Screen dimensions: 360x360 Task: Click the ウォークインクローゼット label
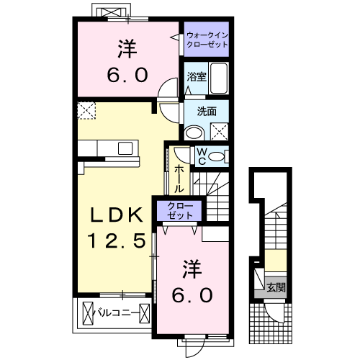207,40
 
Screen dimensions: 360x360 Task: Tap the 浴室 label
197,77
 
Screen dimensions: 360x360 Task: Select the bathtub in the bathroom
218,78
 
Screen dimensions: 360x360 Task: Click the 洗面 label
207,112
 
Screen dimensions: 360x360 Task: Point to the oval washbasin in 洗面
194,132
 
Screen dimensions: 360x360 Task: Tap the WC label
202,156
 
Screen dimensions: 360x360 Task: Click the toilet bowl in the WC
216,156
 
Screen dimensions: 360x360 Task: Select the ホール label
179,179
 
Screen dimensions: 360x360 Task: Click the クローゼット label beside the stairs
180,210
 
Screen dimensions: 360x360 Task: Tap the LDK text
117,215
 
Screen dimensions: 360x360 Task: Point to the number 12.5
117,240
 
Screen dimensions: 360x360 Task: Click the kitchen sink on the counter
125,148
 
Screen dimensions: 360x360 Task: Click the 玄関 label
276,287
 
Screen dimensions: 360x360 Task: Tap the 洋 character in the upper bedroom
127,49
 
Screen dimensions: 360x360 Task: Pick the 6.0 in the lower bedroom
192,295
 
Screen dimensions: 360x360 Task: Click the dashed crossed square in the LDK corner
86,110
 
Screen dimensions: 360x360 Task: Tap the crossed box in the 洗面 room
220,132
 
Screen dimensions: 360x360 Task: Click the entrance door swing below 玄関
274,312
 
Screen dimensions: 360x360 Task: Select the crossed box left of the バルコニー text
88,313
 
